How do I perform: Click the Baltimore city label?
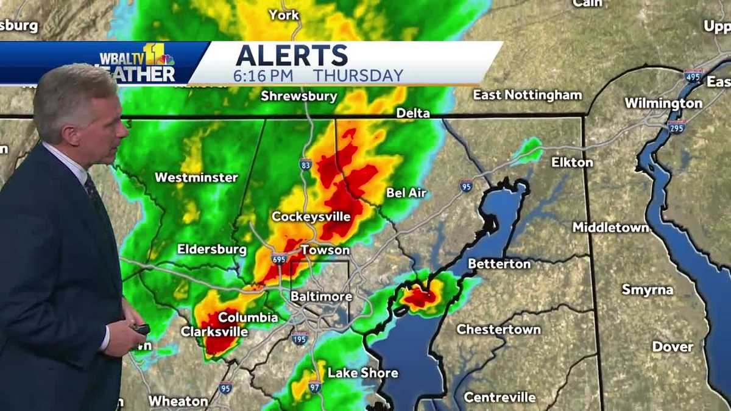[x=321, y=297]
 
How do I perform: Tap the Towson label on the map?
[x=325, y=250]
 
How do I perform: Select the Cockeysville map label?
[x=311, y=217]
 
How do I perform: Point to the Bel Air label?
[x=406, y=193]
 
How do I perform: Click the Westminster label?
[x=196, y=178]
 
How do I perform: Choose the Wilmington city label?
[x=663, y=104]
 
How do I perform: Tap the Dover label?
[x=673, y=346]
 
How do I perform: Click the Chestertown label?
[x=498, y=329]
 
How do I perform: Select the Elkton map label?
[x=572, y=163]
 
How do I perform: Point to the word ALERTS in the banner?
[x=292, y=56]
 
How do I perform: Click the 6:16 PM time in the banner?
[x=263, y=76]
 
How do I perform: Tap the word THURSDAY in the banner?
[x=358, y=76]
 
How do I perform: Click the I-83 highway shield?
[x=306, y=164]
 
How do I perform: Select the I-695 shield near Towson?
[x=279, y=259]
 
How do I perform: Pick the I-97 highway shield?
[x=314, y=386]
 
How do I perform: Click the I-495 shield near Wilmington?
[x=693, y=76]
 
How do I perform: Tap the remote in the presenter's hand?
[x=141, y=329]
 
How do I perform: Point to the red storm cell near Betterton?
[x=420, y=297]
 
